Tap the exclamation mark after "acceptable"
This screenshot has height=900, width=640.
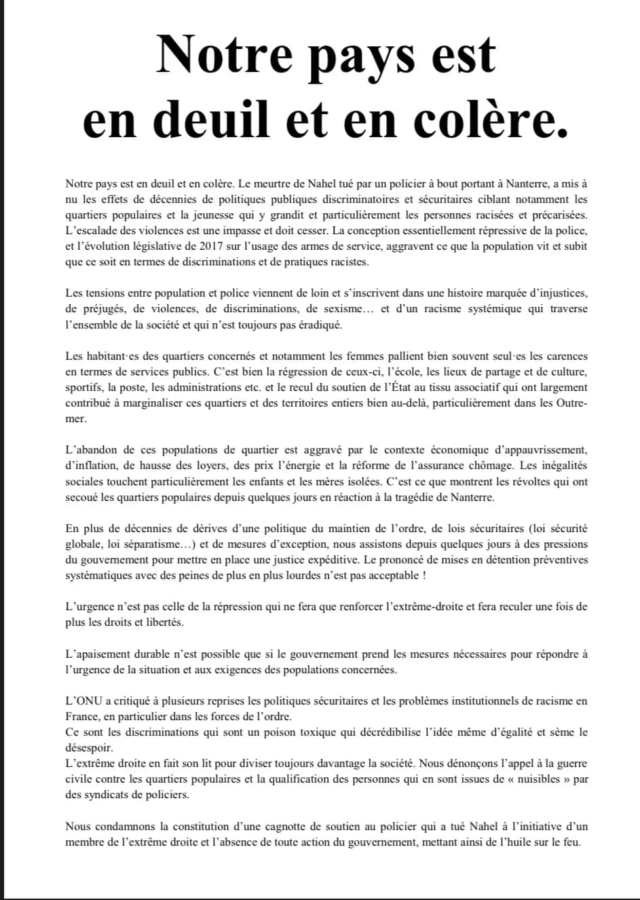(424, 576)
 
